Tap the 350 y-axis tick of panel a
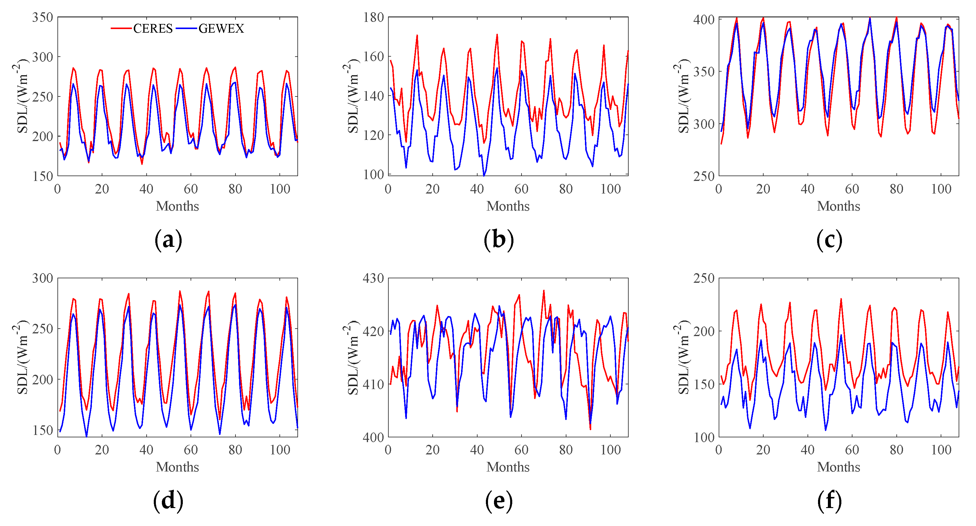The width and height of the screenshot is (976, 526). (x=42, y=17)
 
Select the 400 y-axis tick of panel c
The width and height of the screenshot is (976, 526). (x=704, y=20)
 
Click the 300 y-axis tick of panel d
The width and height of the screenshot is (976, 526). (x=42, y=278)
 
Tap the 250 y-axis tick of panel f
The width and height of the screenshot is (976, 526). (x=704, y=278)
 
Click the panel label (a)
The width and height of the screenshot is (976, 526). (x=168, y=240)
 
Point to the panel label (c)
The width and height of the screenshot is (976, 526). (x=829, y=240)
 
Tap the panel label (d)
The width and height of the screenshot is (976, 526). (x=168, y=501)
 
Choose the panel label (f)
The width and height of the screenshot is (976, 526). (x=829, y=501)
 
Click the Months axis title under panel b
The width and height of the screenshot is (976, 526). (x=508, y=206)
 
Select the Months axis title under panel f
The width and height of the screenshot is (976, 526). (x=838, y=467)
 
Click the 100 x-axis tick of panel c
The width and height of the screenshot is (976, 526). (x=941, y=189)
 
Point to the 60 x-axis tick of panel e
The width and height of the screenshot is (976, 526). (x=521, y=450)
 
